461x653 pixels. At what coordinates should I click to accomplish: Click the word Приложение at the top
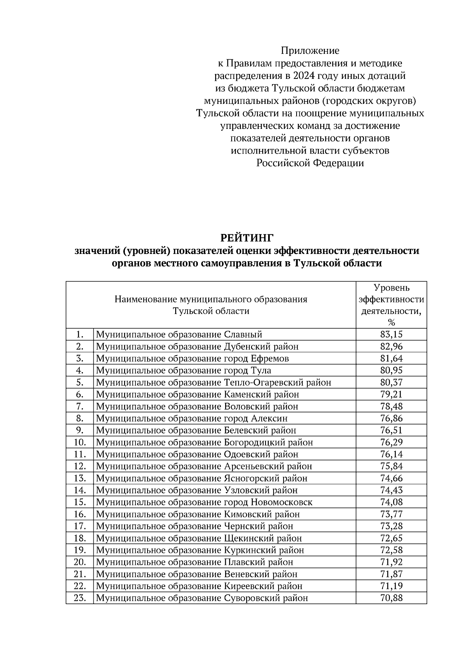(310, 51)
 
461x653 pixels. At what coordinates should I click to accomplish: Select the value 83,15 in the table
(391, 334)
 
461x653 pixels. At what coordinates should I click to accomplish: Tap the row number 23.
(79, 598)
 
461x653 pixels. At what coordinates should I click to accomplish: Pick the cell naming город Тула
(184, 371)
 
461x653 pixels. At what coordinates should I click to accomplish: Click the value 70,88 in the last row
(391, 598)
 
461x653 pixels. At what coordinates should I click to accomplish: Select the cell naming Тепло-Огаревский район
(214, 382)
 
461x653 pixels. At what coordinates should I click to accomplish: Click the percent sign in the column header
(391, 322)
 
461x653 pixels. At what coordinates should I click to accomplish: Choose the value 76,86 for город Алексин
(391, 418)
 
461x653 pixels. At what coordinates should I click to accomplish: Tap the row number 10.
(79, 443)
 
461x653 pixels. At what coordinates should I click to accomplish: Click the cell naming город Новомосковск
(204, 502)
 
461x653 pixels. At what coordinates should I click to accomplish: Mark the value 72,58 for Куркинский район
(391, 550)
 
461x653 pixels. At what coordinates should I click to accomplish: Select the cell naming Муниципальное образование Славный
(179, 334)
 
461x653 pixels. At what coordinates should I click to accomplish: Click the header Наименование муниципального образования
(211, 299)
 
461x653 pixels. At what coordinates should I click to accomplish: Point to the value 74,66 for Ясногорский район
(391, 478)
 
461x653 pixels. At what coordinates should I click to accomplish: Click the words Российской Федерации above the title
(310, 163)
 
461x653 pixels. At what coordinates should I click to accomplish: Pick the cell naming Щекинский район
(199, 538)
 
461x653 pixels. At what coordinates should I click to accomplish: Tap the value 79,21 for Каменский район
(391, 394)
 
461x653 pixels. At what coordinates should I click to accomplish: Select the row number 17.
(79, 526)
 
